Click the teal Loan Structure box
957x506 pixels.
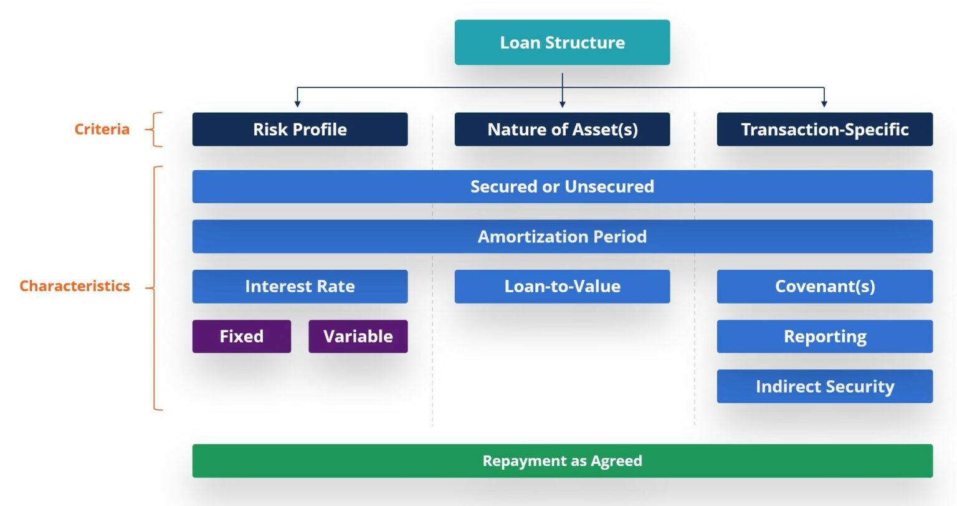click(x=562, y=42)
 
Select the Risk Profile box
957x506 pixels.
click(x=300, y=129)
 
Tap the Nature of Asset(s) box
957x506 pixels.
click(x=562, y=129)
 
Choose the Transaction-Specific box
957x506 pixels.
click(x=824, y=129)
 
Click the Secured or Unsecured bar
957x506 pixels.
click(x=562, y=186)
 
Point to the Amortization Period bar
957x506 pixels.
click(x=562, y=236)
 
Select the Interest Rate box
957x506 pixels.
click(x=300, y=286)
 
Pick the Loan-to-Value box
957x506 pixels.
click(x=562, y=286)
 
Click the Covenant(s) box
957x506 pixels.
click(x=824, y=286)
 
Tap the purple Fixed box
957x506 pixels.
click(x=241, y=337)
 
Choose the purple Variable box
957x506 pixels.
click(x=358, y=337)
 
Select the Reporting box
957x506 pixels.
click(x=824, y=337)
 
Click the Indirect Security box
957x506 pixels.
click(x=824, y=386)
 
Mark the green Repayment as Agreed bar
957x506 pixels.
click(x=562, y=461)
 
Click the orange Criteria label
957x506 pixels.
click(x=102, y=129)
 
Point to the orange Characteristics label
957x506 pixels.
click(x=75, y=286)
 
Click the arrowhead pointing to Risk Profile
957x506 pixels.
click(x=297, y=103)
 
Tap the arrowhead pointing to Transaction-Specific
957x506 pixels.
click(x=824, y=103)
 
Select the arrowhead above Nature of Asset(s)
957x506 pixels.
click(x=562, y=103)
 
